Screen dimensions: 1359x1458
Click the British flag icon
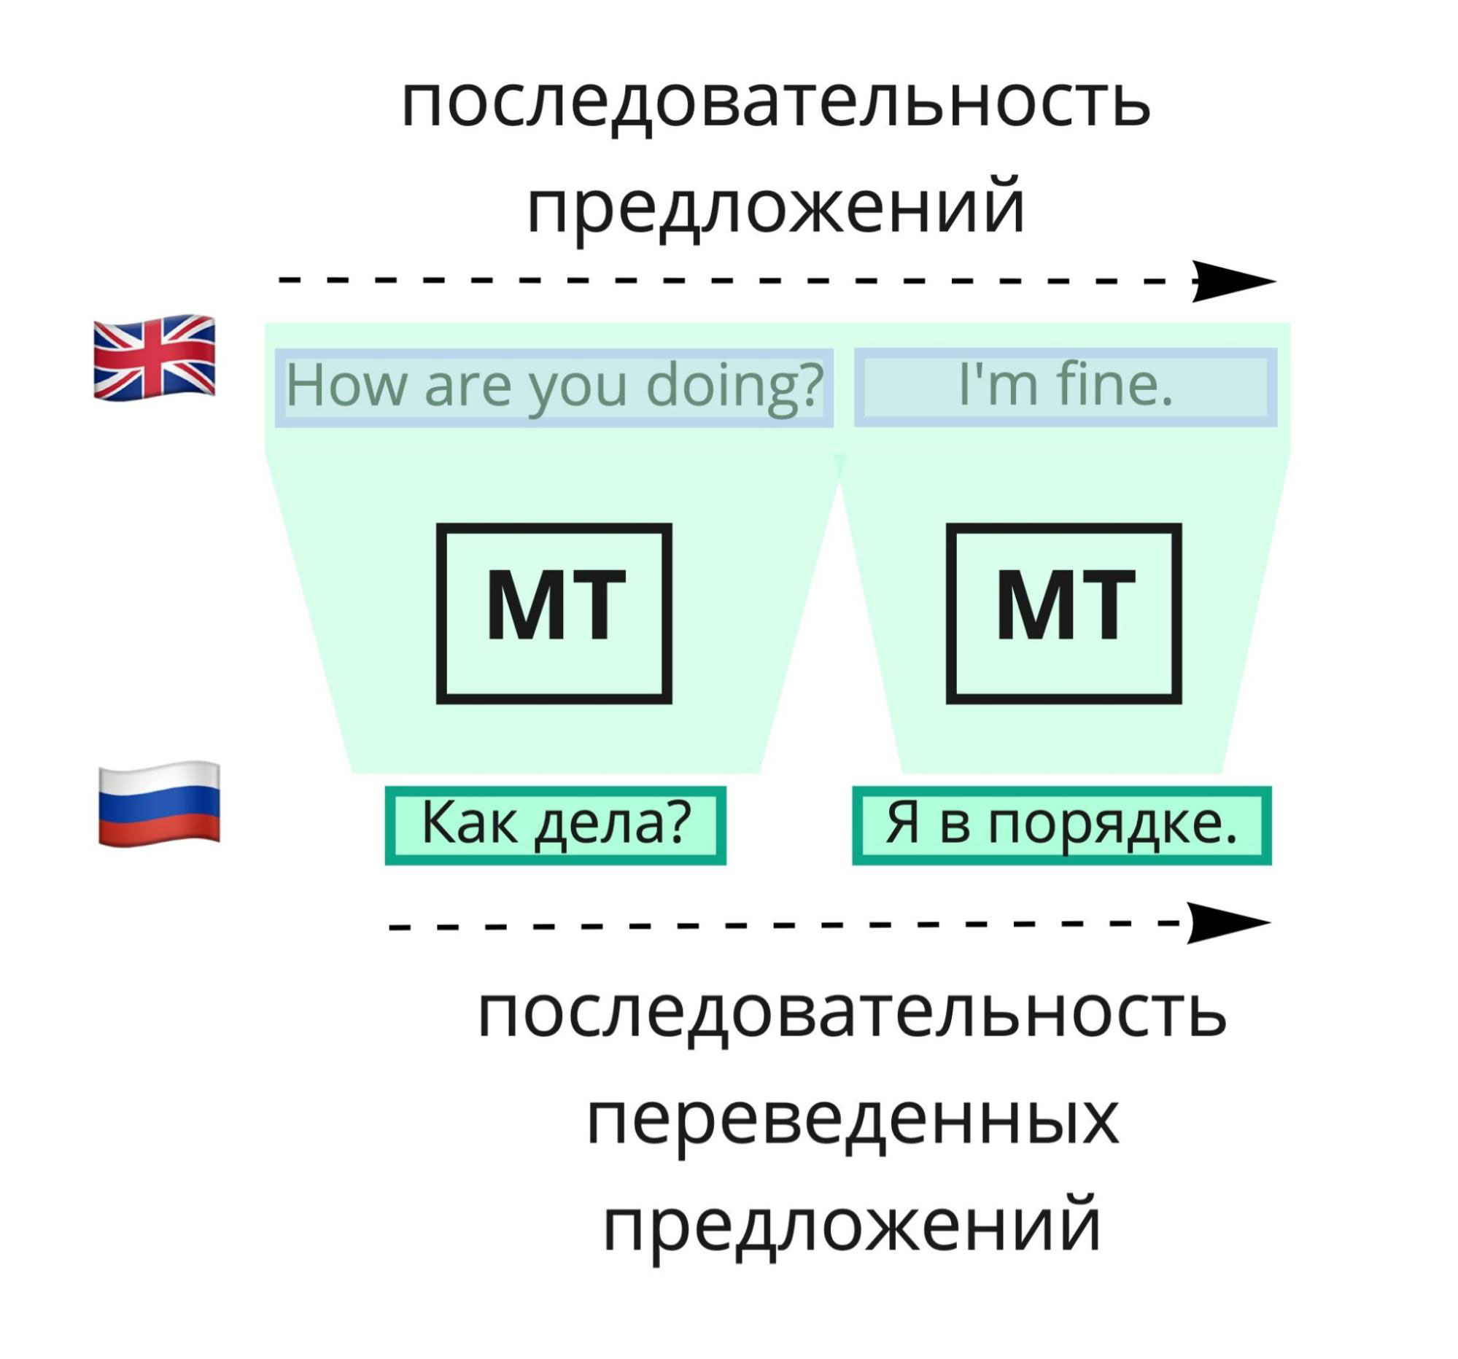click(154, 357)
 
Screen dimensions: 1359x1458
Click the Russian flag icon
click(159, 804)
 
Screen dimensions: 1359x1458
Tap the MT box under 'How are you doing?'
click(554, 613)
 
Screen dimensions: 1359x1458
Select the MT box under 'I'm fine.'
click(1063, 613)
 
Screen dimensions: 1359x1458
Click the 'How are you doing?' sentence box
click(554, 387)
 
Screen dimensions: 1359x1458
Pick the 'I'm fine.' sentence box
click(1065, 387)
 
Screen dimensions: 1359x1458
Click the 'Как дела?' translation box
click(555, 825)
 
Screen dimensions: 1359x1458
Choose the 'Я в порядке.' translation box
click(1061, 825)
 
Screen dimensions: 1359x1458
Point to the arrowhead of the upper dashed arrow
click(1232, 281)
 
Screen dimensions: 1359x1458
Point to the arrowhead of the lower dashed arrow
click(1226, 922)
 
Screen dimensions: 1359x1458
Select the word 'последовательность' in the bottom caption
click(852, 1013)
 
